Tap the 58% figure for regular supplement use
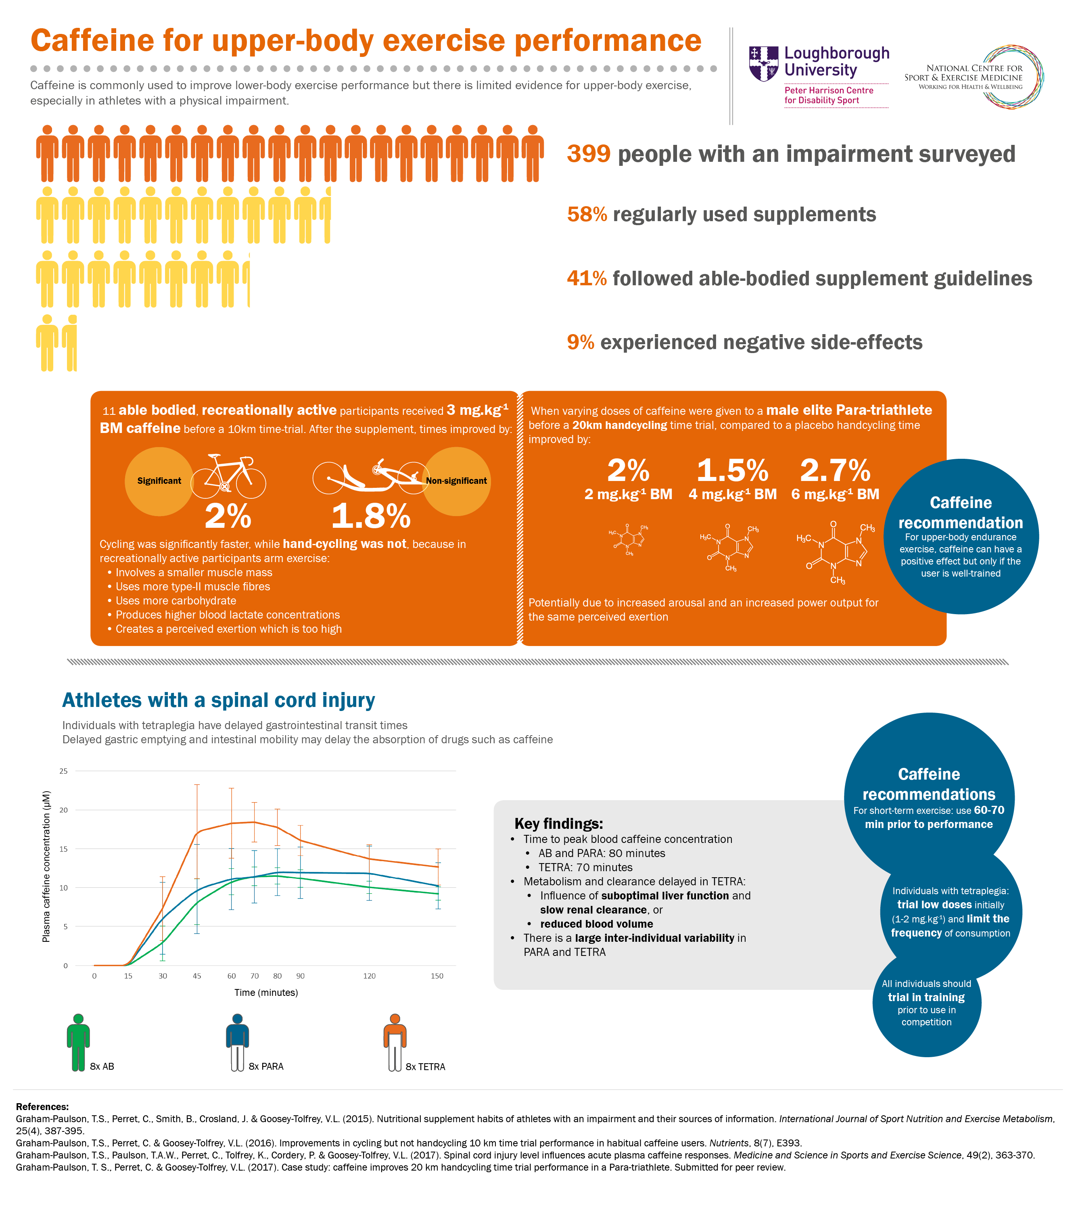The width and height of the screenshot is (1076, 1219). (587, 215)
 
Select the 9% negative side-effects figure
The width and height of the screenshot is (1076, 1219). (580, 342)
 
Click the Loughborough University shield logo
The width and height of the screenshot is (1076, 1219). (763, 63)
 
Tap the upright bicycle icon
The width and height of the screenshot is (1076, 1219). (228, 477)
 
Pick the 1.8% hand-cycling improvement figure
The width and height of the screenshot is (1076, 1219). (371, 516)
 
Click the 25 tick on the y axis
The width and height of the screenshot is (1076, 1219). (63, 771)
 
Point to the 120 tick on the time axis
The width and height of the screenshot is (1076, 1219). (369, 976)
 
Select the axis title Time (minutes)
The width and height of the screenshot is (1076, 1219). (266, 992)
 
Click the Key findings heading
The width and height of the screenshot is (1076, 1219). (558, 824)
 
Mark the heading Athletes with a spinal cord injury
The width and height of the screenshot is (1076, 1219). (218, 700)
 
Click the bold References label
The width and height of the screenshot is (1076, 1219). (42, 1106)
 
